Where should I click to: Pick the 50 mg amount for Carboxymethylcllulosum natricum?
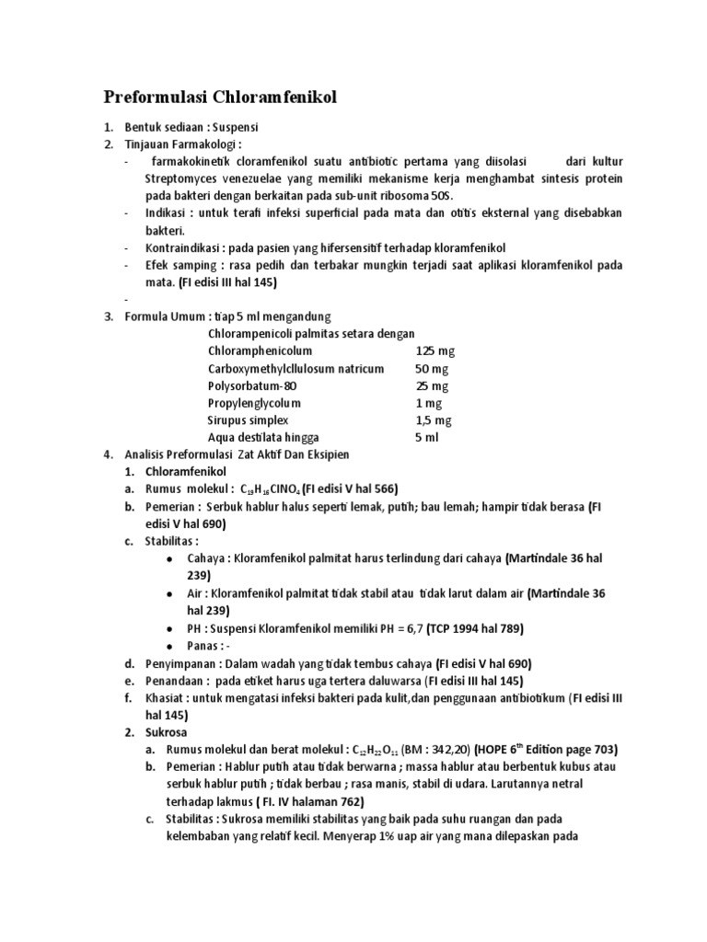(x=431, y=369)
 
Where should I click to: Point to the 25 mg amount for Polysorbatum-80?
(x=431, y=385)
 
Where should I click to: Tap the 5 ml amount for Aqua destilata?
(x=427, y=438)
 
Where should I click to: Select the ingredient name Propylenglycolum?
(x=255, y=403)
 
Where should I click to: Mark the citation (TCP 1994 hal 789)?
(x=467, y=628)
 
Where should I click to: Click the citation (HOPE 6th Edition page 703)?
(x=539, y=749)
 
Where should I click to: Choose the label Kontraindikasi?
(x=181, y=248)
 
